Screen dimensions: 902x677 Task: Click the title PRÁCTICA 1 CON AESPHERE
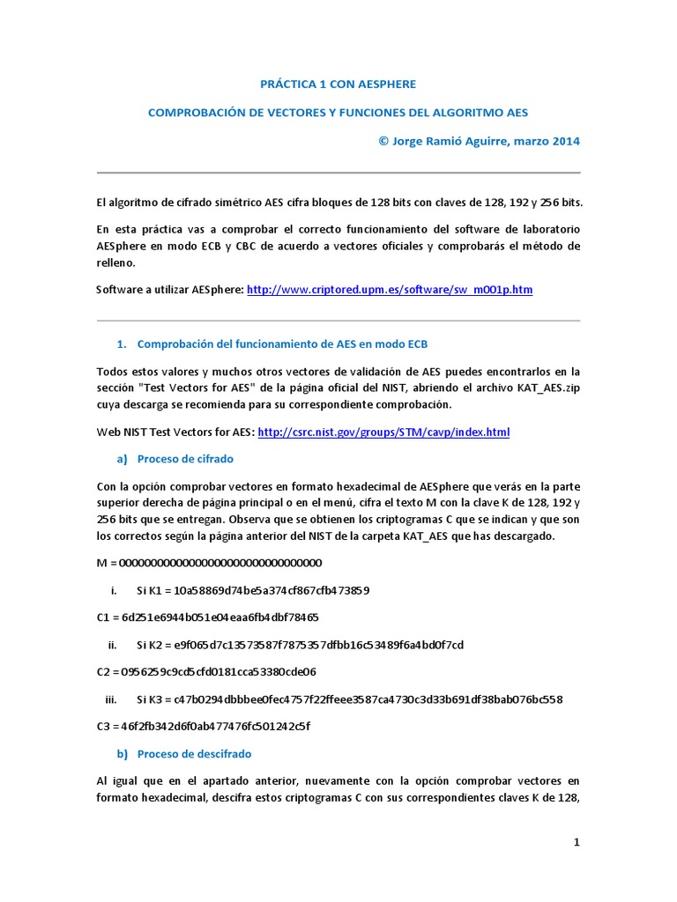[338, 84]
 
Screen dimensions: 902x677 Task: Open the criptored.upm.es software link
[390, 289]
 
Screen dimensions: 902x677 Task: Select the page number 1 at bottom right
[577, 842]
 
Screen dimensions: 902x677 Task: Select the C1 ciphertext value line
[208, 617]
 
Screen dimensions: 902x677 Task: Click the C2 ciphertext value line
[206, 671]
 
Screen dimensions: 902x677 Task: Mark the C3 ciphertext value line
[204, 726]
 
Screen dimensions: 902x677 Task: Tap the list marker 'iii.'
[111, 699]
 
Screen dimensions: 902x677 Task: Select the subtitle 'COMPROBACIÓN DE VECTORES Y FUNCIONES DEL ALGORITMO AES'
[338, 113]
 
